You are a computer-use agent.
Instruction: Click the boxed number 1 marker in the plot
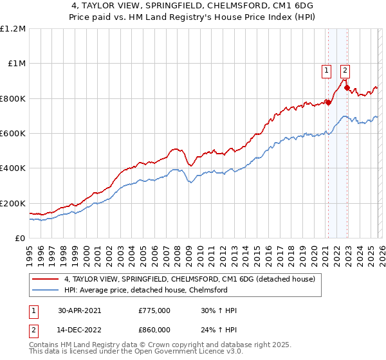pyautogui.click(x=327, y=71)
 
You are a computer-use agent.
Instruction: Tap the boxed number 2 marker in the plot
pyautogui.click(x=345, y=71)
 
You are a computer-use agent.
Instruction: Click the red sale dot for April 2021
pyautogui.click(x=327, y=102)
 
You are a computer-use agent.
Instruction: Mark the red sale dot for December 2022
pyautogui.click(x=347, y=87)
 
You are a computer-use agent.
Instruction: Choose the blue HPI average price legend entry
pyautogui.click(x=154, y=290)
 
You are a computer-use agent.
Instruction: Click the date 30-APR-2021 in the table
pyautogui.click(x=79, y=310)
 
